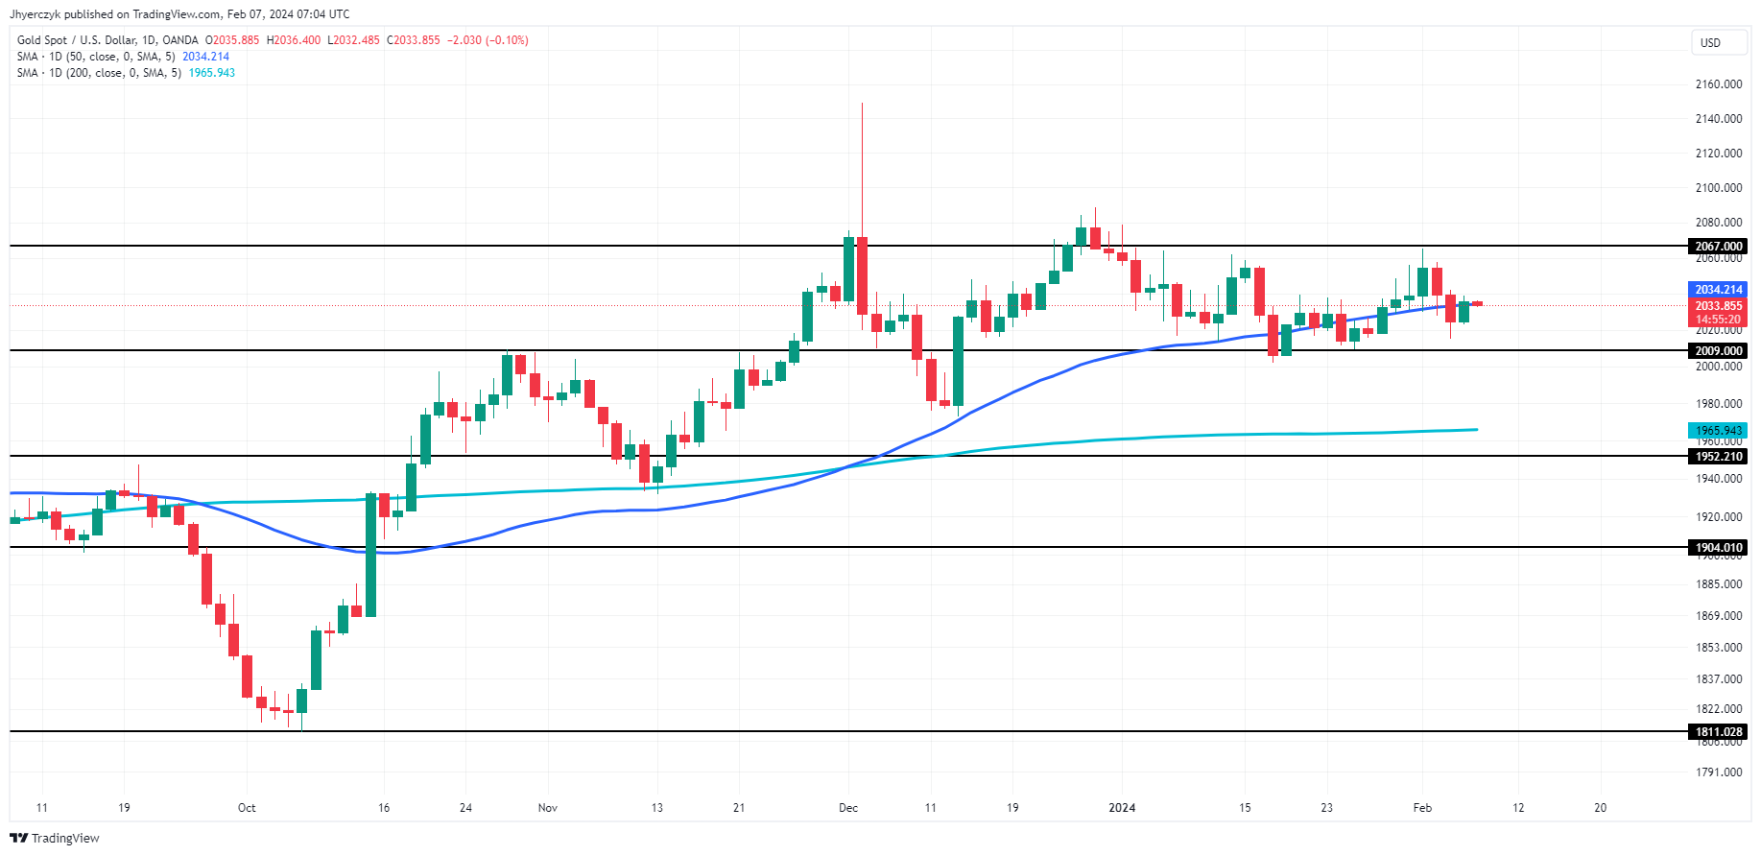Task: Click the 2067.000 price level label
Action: [x=1718, y=247]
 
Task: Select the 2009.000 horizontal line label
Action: [x=1718, y=351]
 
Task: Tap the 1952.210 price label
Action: [x=1718, y=457]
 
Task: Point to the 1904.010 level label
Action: [x=1718, y=548]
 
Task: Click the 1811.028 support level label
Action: [x=1718, y=732]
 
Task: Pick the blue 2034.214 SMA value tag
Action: [x=1718, y=290]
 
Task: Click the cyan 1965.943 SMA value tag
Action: [x=1718, y=431]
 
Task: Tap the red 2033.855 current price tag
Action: [x=1718, y=306]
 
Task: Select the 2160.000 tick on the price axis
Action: [x=1718, y=84]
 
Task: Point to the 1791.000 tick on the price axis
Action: [x=1718, y=772]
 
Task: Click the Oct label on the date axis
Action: [x=247, y=808]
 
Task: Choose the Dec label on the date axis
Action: [x=848, y=808]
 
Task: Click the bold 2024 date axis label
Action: [x=1122, y=808]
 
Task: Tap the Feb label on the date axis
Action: [x=1422, y=808]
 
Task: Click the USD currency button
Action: [x=1711, y=43]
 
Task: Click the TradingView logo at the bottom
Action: [x=56, y=839]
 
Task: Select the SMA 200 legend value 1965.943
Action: [x=212, y=73]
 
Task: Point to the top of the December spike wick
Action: [x=862, y=105]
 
